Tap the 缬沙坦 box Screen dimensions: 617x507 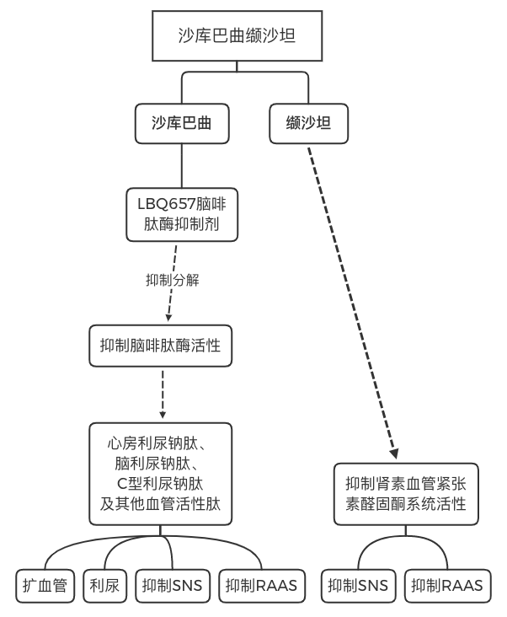click(x=307, y=123)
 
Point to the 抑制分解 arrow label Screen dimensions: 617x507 click(x=173, y=279)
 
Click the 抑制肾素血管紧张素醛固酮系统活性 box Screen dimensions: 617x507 click(x=405, y=496)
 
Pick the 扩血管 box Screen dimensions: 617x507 click(x=46, y=586)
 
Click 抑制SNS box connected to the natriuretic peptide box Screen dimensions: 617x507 click(x=173, y=586)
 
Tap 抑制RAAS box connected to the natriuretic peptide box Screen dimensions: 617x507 click(x=262, y=586)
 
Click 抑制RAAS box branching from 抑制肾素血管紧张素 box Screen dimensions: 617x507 click(x=448, y=586)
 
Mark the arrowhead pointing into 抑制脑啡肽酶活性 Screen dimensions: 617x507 click(x=168, y=320)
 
